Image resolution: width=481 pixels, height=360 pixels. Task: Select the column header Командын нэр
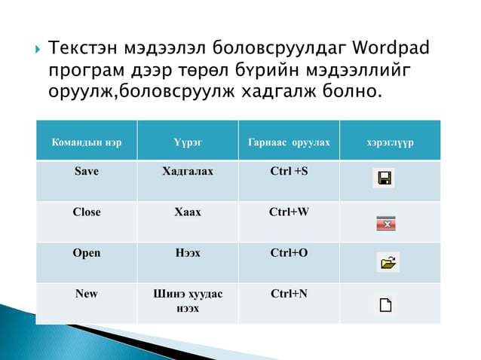tap(86, 141)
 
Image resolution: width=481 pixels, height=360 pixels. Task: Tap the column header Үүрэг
tap(187, 141)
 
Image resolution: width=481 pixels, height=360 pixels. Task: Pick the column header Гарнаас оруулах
tap(289, 141)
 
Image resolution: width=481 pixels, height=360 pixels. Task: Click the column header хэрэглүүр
tap(389, 141)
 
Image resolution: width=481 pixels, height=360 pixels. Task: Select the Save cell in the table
tap(86, 171)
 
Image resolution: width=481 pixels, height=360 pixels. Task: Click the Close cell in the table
tap(86, 212)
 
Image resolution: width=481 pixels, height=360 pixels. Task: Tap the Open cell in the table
tap(86, 252)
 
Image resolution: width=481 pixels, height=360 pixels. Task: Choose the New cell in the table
tap(86, 293)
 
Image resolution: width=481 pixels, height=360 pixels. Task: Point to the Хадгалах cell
tap(187, 171)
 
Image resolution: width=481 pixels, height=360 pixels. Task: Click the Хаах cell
tap(187, 212)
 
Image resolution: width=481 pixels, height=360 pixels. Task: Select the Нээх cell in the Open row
tap(187, 252)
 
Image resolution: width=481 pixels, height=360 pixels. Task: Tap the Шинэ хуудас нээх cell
tap(187, 300)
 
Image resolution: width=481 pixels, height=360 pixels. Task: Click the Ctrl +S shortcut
tap(289, 171)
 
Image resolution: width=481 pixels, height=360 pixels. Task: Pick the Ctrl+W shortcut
tap(289, 212)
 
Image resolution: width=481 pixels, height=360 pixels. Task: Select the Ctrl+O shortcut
tap(289, 252)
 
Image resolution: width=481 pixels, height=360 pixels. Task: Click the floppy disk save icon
tap(384, 178)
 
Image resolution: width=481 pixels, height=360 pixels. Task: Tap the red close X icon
tap(386, 224)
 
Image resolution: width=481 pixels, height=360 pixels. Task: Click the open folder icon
tap(388, 263)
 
